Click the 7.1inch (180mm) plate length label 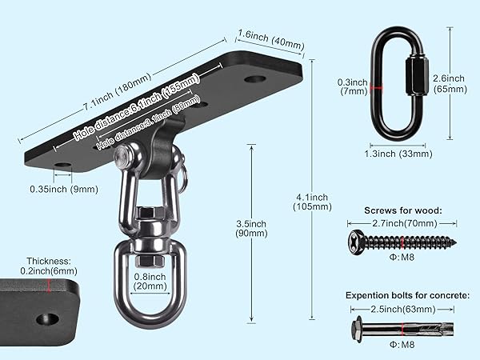click(x=118, y=91)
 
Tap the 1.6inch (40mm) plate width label click(x=271, y=40)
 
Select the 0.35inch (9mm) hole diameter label click(x=64, y=189)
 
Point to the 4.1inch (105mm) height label click(x=312, y=202)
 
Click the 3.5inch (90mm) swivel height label click(x=251, y=228)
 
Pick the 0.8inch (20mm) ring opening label click(x=150, y=282)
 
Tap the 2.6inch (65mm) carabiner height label click(x=450, y=84)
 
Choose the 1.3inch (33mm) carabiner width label click(x=398, y=154)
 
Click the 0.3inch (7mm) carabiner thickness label click(x=353, y=86)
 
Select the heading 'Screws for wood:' click(x=403, y=210)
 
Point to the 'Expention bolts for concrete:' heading click(x=407, y=295)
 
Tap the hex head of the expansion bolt click(x=357, y=329)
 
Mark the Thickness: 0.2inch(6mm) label click(x=49, y=266)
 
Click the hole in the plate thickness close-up click(x=47, y=319)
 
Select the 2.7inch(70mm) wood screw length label click(x=405, y=223)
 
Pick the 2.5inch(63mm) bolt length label click(x=403, y=309)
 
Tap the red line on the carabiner click(x=376, y=88)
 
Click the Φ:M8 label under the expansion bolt click(x=402, y=345)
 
